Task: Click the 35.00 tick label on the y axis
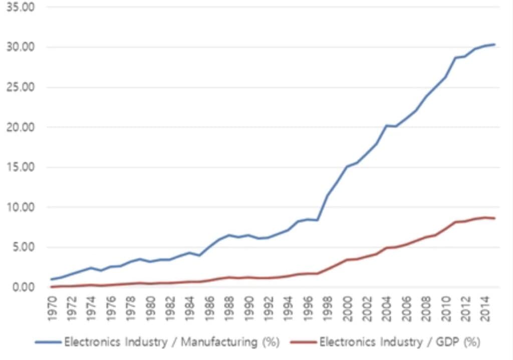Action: [18, 8]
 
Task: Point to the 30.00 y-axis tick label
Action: [18, 47]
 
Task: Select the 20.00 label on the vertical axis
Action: [18, 127]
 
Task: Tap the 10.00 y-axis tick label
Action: [18, 207]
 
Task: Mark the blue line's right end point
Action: [495, 45]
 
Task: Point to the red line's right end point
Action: [495, 218]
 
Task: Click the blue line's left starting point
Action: [51, 279]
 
